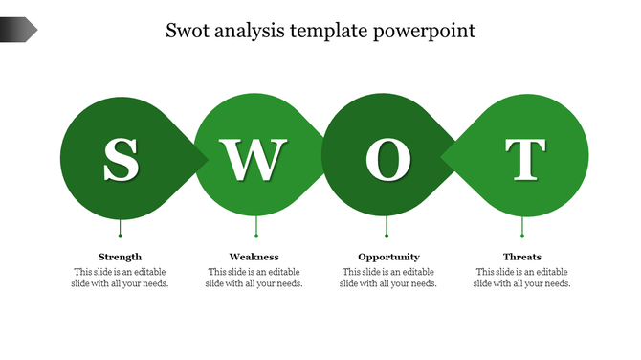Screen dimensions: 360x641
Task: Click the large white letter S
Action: (x=121, y=160)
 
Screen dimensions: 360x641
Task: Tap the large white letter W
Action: (x=254, y=160)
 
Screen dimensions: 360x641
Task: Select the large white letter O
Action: (x=387, y=160)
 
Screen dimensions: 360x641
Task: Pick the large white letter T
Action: (x=524, y=160)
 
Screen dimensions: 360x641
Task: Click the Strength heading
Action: (x=121, y=257)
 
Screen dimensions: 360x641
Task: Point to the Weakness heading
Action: (x=254, y=257)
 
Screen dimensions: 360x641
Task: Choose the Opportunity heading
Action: (x=388, y=257)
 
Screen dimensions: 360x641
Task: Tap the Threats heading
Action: (x=522, y=257)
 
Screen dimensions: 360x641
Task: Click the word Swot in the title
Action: (x=189, y=31)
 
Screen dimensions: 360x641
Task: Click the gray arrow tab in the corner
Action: (x=18, y=31)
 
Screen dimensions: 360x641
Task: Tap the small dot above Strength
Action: (x=120, y=235)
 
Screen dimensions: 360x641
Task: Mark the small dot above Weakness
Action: (x=256, y=235)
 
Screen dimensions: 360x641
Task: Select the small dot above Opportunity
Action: (x=387, y=235)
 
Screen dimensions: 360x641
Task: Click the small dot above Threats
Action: (x=522, y=235)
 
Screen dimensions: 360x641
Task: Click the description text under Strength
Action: (x=121, y=278)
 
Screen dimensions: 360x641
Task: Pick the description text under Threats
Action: (x=522, y=278)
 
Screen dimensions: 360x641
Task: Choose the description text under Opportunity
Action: (x=388, y=278)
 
